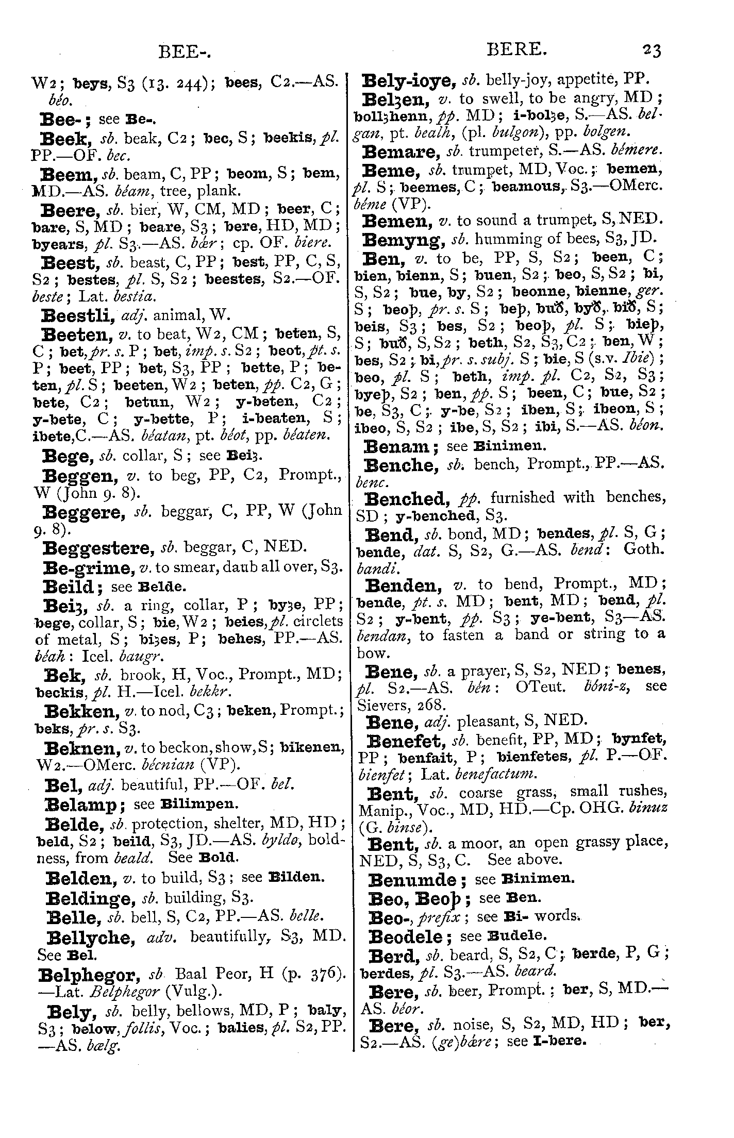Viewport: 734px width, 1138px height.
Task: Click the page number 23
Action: tap(651, 51)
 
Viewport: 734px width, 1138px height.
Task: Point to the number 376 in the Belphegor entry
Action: tap(322, 974)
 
